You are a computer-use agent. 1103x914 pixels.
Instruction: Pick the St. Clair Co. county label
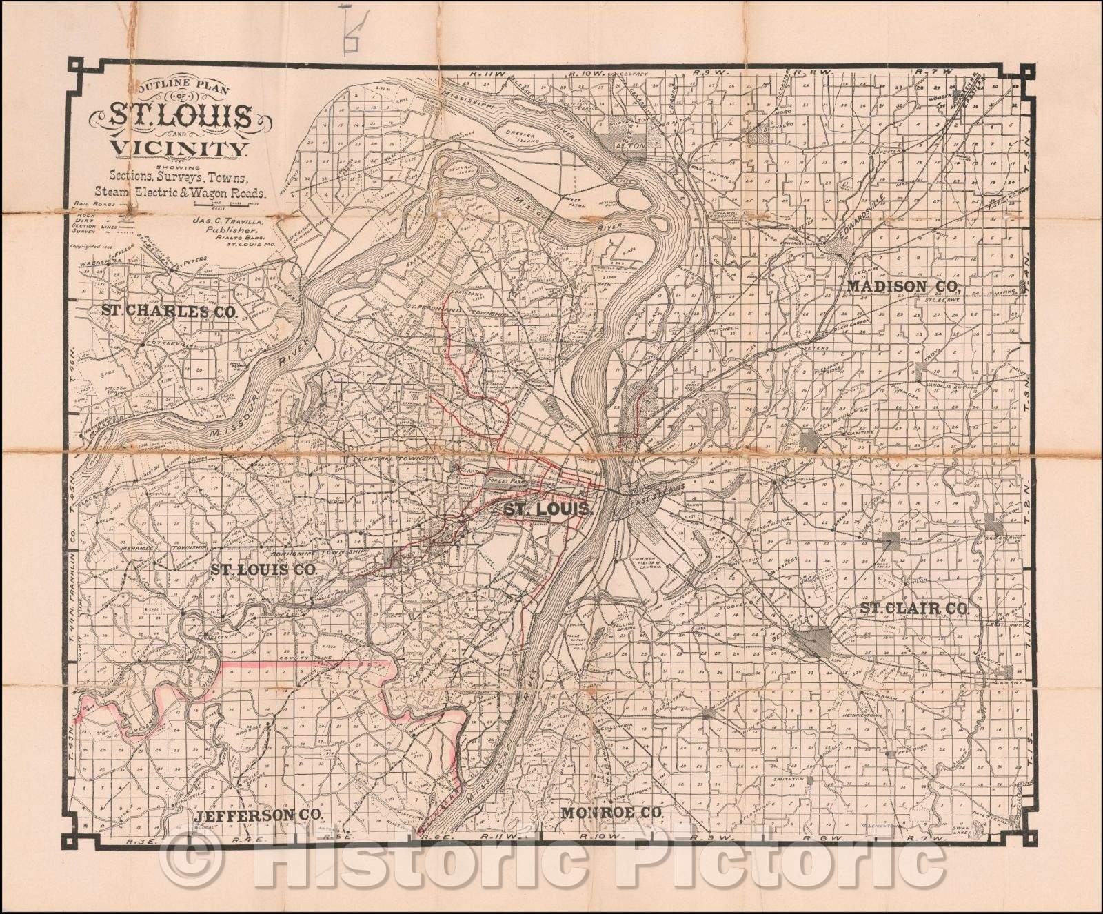914,609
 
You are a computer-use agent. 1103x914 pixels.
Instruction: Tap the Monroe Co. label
611,813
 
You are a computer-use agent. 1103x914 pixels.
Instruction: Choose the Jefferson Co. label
259,815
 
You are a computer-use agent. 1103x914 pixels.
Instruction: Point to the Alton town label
634,146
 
